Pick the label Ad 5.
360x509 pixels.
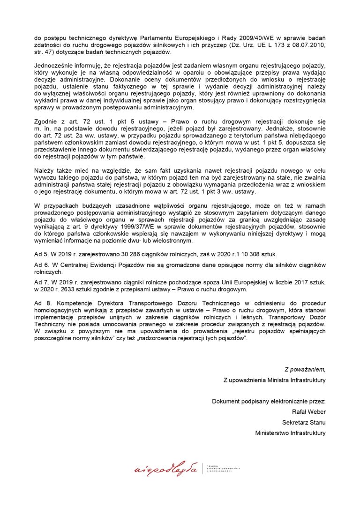[43, 253]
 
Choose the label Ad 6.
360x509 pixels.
[43, 265]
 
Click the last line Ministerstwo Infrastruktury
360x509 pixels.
[290, 433]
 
